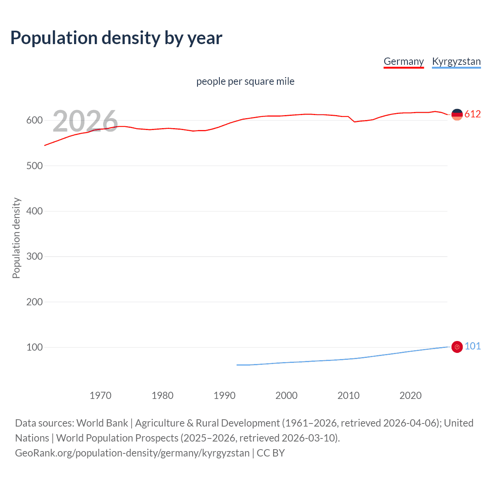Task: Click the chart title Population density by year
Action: pos(116,38)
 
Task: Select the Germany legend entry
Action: pos(404,61)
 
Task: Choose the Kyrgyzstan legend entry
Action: pos(456,61)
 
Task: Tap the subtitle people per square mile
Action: pos(245,81)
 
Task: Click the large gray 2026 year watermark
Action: pos(85,121)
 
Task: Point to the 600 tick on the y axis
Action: pos(34,120)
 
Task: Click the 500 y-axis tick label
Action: pos(34,166)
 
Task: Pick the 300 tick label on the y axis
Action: pos(34,256)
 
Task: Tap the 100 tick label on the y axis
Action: pos(34,347)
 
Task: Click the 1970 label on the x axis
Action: pos(101,395)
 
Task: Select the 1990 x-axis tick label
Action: pos(224,395)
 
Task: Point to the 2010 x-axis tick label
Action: pos(348,395)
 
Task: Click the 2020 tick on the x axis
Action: pos(410,395)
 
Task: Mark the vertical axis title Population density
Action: pos(16,238)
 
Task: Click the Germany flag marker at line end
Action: pos(457,114)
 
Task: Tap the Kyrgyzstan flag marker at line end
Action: pos(457,347)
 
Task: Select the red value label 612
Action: pos(473,114)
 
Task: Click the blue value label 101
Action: pos(473,346)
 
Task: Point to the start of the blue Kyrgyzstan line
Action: pos(237,365)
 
